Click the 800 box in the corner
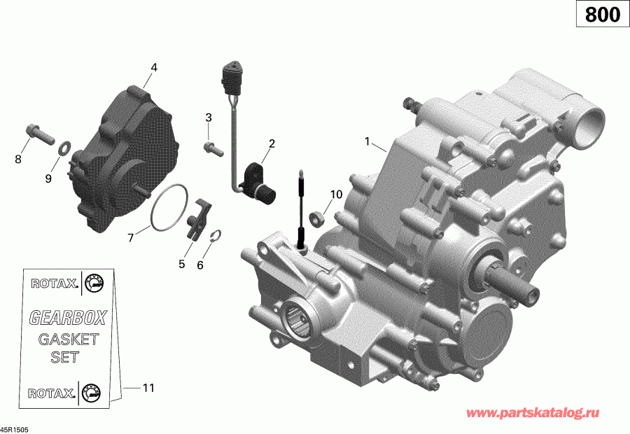[602, 15]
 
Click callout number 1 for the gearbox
[366, 141]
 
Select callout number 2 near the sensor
[272, 144]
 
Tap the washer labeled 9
[64, 148]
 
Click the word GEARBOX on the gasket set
[67, 318]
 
